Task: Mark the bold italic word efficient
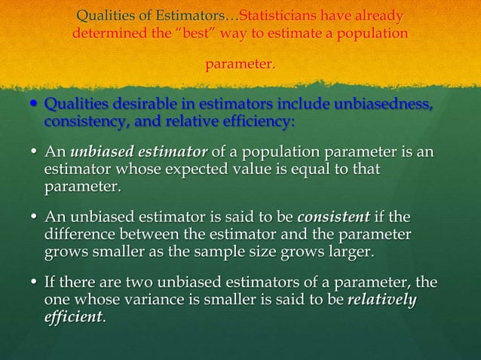point(75,316)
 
